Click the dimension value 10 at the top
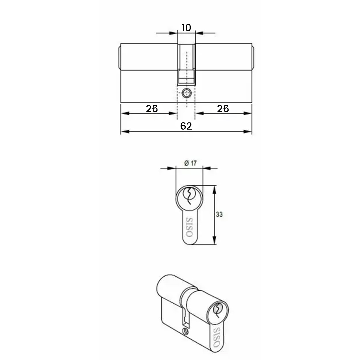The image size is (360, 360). point(186,28)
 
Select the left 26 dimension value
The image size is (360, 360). point(152,109)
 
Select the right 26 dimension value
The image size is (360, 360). point(223,109)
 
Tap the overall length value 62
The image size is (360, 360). point(186,126)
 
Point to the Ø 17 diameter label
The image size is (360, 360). point(190,163)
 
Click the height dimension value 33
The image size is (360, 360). point(219,214)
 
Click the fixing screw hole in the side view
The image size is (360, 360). point(186,93)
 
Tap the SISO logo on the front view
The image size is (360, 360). point(190,227)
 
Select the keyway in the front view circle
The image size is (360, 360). point(189,195)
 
